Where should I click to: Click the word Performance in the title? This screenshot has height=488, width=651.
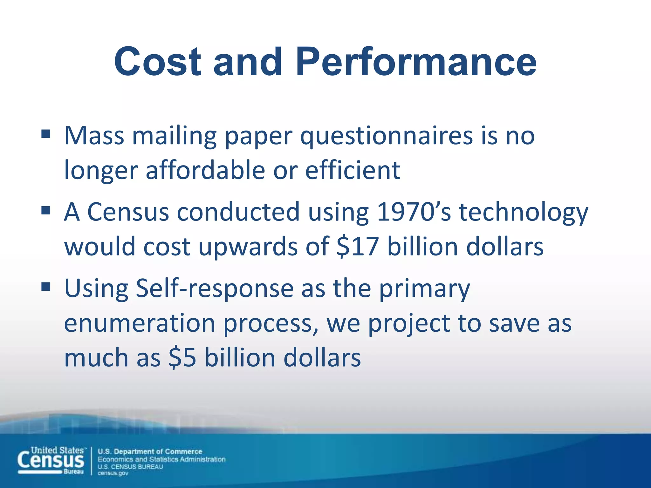(x=416, y=62)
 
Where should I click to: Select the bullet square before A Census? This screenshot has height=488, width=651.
(x=46, y=210)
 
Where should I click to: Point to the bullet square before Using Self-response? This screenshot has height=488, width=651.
(x=46, y=287)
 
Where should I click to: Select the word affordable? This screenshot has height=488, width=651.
(x=205, y=170)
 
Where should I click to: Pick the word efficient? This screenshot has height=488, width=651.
(x=353, y=170)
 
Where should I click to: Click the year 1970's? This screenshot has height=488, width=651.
(x=414, y=212)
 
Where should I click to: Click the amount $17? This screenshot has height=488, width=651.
(x=357, y=247)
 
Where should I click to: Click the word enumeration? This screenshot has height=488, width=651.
(x=140, y=323)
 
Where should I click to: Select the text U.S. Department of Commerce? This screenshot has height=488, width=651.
(x=150, y=451)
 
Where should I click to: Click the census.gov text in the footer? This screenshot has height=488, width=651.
(x=113, y=473)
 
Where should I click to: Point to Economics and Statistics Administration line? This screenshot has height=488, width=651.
(x=161, y=459)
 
